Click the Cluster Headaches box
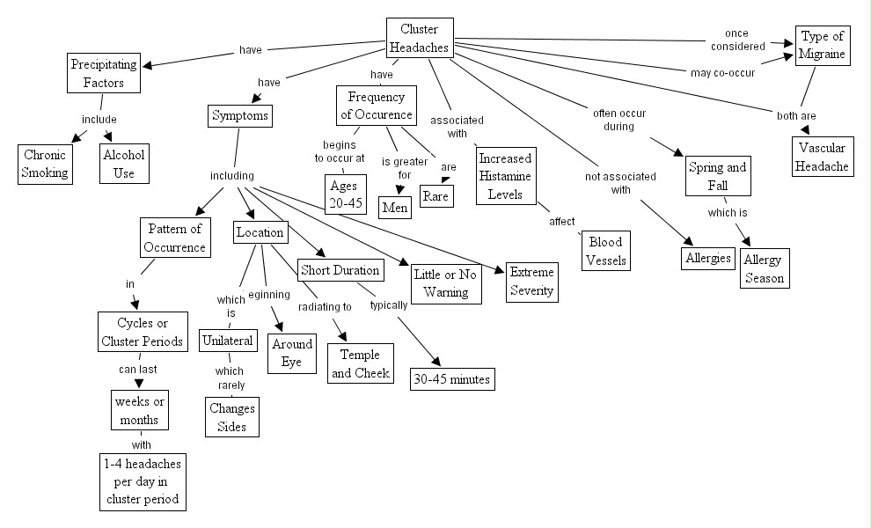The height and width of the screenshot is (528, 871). (x=419, y=39)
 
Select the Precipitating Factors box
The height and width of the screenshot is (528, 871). (x=105, y=73)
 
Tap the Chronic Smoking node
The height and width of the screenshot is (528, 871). (x=46, y=163)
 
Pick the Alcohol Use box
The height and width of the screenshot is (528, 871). (x=124, y=163)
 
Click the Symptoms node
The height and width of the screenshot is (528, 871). (x=239, y=115)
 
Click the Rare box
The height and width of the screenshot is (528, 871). (x=435, y=195)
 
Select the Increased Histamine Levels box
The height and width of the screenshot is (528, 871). (x=505, y=176)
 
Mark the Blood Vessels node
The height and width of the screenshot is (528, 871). (x=605, y=250)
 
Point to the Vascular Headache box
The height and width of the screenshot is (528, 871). (x=823, y=156)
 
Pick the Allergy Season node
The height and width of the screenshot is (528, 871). (x=763, y=268)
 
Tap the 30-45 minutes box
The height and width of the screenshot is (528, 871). (x=452, y=379)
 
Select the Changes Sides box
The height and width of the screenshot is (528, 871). (x=232, y=417)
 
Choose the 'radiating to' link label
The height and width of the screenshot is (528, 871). (x=325, y=307)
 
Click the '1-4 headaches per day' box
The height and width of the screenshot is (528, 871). (x=143, y=480)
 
